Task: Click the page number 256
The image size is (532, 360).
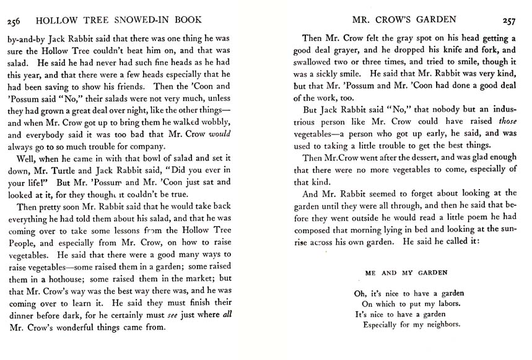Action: point(14,22)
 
